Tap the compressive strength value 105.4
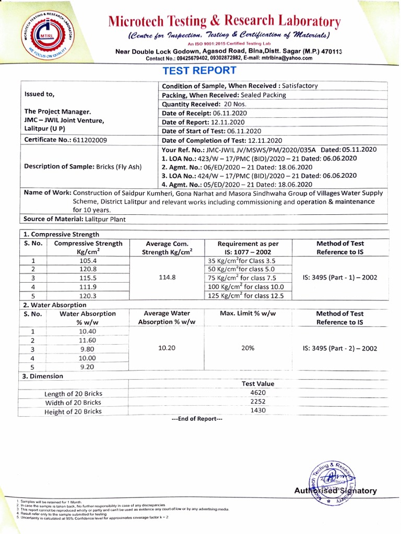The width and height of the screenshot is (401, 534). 88,261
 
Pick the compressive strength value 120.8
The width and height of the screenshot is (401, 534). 88,270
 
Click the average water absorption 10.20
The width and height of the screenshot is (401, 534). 167,348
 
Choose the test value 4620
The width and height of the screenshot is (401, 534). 258,393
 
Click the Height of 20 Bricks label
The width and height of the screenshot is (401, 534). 73,411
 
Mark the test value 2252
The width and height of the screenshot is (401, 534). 258,402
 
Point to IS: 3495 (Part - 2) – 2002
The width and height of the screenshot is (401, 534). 339,348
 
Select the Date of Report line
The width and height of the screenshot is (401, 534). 204,122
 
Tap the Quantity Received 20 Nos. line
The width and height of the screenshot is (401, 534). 204,104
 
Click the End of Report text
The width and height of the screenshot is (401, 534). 197,419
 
